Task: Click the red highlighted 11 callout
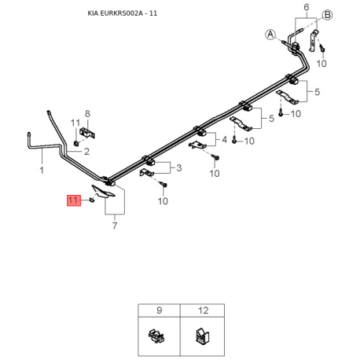(74, 200)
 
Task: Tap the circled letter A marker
(270, 35)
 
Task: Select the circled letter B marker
(327, 15)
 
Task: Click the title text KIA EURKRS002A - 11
(123, 13)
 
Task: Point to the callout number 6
(307, 7)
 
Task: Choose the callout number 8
(87, 114)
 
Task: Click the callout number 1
(42, 171)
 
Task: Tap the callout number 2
(86, 152)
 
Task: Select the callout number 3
(179, 167)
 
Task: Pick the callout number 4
(224, 140)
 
